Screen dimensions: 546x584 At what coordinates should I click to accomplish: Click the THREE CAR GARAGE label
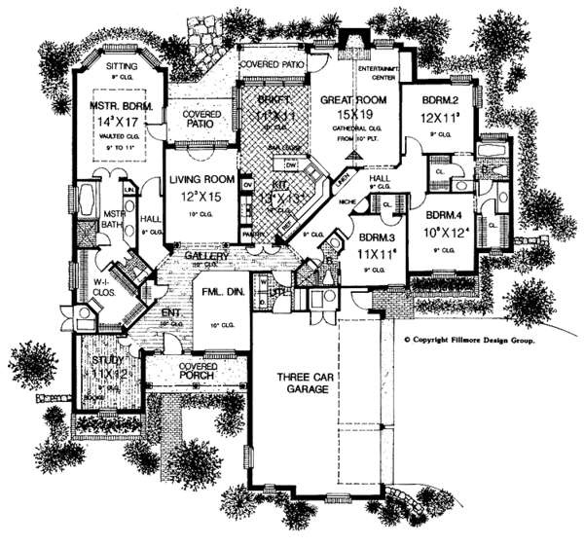(298, 382)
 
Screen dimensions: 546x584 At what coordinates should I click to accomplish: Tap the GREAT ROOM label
(359, 99)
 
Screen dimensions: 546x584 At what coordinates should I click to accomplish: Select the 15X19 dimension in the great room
(359, 113)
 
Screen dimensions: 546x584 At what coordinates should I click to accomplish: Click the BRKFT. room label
(259, 101)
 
